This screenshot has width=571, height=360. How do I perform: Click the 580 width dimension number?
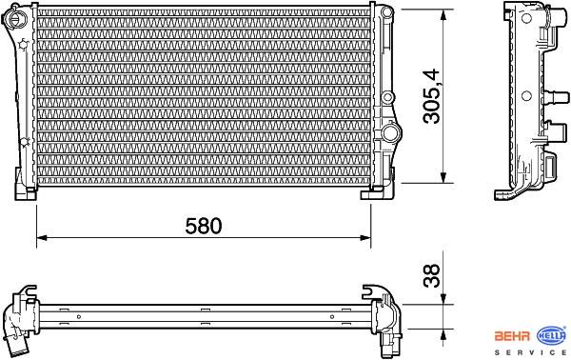click(x=204, y=226)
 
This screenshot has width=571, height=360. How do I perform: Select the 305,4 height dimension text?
click(x=431, y=96)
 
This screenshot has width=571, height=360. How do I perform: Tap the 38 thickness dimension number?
click(x=431, y=276)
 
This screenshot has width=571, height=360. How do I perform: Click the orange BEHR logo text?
click(x=512, y=336)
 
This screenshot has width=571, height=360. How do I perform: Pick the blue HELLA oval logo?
click(x=552, y=336)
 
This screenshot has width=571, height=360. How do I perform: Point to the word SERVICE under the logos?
click(x=530, y=352)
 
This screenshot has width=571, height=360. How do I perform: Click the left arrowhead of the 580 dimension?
click(x=42, y=238)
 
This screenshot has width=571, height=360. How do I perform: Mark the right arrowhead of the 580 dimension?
click(x=365, y=238)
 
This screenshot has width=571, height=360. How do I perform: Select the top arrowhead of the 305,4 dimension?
click(x=443, y=15)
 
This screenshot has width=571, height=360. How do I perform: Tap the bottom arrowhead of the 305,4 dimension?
click(x=443, y=177)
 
